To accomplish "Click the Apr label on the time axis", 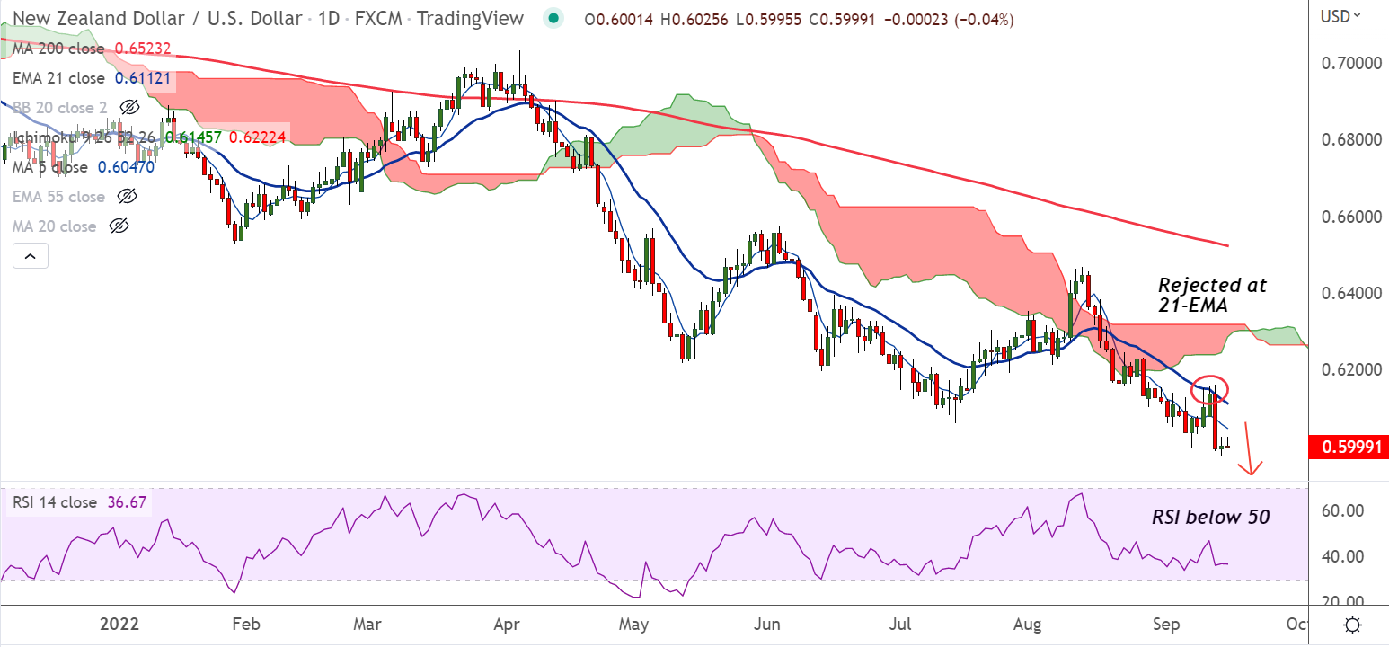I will pyautogui.click(x=503, y=625).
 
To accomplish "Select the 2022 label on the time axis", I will pyautogui.click(x=120, y=625).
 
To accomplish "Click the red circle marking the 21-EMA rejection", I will pyautogui.click(x=1209, y=389).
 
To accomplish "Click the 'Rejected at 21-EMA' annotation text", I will pyautogui.click(x=1212, y=296).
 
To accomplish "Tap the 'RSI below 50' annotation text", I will pyautogui.click(x=1211, y=517).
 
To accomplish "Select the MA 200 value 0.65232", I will pyautogui.click(x=143, y=49).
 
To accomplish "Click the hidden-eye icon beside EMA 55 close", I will pyautogui.click(x=128, y=197).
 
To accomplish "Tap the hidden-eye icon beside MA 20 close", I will pyautogui.click(x=119, y=226).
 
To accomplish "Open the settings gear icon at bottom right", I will pyautogui.click(x=1353, y=625).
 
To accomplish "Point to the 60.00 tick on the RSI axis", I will pyautogui.click(x=1340, y=510).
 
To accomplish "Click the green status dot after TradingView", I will pyautogui.click(x=553, y=18).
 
